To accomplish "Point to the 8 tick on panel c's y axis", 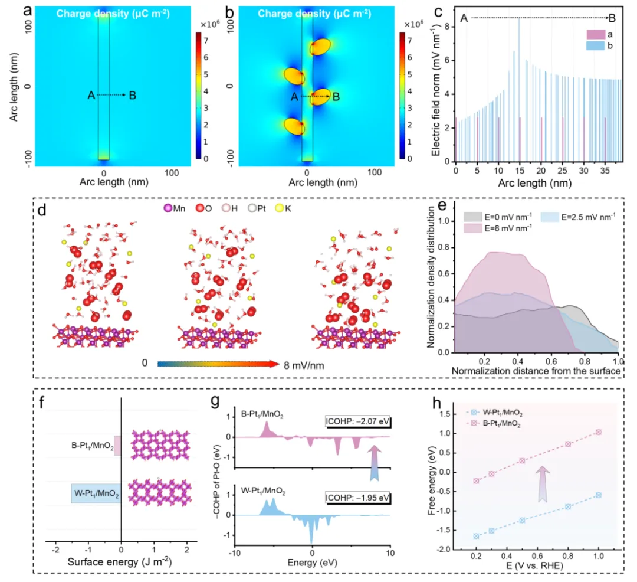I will [x=448, y=27].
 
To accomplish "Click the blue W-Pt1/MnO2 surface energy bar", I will [x=96, y=493].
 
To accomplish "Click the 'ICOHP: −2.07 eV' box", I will [x=357, y=421].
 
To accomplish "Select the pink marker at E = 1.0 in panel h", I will [x=598, y=432].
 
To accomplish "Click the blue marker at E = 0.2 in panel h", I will [x=476, y=536].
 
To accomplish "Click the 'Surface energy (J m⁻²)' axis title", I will [x=120, y=564].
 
